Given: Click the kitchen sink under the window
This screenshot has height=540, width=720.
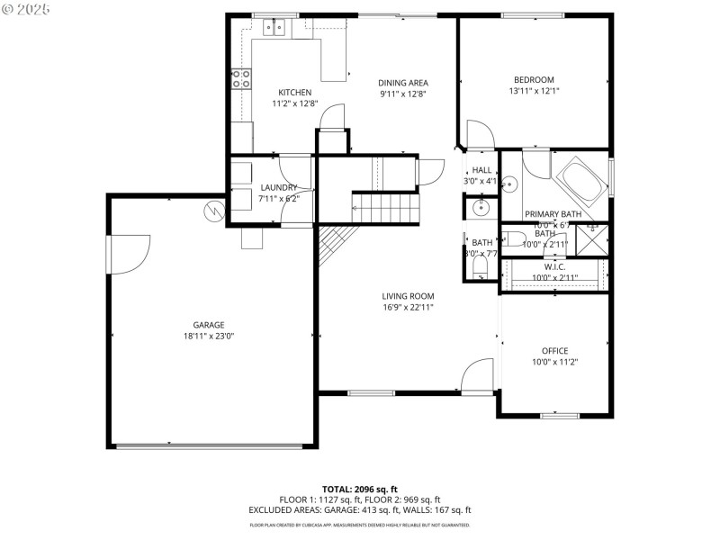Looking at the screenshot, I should click(x=274, y=28).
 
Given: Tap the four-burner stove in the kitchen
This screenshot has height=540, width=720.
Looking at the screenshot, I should click(x=240, y=79).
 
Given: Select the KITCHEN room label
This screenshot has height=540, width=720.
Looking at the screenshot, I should click(x=294, y=93).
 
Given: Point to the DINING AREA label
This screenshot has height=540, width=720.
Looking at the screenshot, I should click(x=402, y=82).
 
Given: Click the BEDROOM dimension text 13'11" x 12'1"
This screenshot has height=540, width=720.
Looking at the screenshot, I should click(x=534, y=91).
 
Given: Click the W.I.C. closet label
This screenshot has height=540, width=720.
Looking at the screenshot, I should click(x=554, y=267).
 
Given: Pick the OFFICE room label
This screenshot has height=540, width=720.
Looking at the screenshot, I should click(x=554, y=351).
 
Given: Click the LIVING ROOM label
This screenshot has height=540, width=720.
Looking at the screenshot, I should click(x=408, y=296).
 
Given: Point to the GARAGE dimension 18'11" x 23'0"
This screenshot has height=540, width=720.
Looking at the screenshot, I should click(x=208, y=337).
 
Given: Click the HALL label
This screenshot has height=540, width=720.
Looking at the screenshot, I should click(x=482, y=170).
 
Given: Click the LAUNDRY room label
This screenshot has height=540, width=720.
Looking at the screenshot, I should click(x=278, y=187).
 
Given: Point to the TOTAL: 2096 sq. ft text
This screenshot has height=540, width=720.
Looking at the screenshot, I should click(x=359, y=490).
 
